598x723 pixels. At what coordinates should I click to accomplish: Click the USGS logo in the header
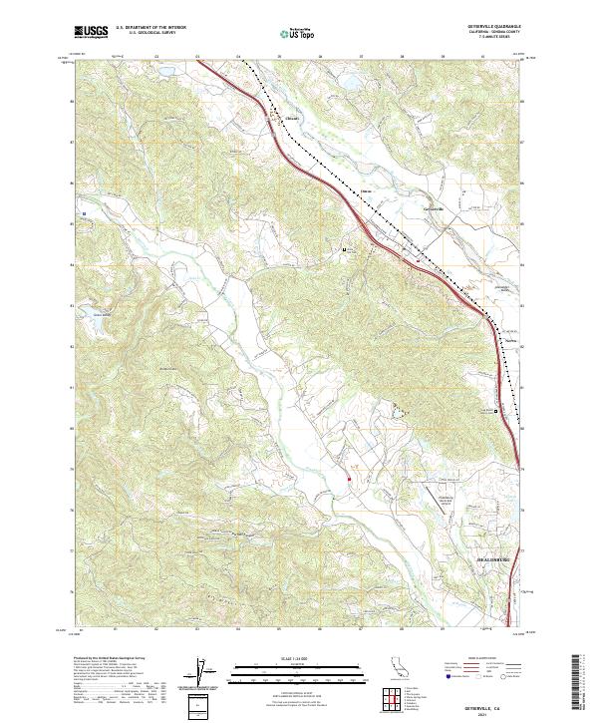tap(91, 33)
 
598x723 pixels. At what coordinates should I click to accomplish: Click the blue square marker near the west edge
tap(85, 213)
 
